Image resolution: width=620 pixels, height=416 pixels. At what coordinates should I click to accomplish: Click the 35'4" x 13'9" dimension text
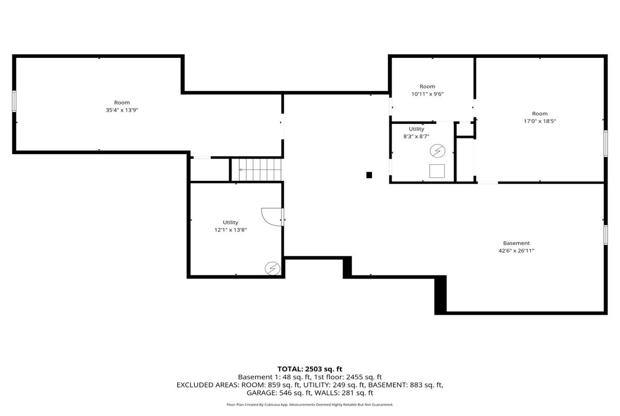(x=122, y=110)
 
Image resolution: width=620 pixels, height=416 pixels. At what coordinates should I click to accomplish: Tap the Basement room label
(x=516, y=243)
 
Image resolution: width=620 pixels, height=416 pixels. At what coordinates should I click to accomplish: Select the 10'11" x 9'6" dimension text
(x=427, y=94)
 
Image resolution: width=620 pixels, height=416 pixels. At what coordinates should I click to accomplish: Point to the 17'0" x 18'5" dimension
(x=540, y=121)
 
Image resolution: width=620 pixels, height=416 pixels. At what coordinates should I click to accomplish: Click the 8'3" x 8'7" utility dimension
(x=416, y=136)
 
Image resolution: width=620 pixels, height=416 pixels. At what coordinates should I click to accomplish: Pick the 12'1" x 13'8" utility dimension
(x=230, y=230)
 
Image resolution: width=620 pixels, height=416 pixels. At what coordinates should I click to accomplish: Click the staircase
(x=256, y=170)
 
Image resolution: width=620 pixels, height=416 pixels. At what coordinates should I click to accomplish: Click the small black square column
(x=369, y=175)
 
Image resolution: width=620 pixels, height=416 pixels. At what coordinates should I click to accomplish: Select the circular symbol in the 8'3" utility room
(x=437, y=151)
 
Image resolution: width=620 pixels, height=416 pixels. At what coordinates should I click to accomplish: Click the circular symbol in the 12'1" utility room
(x=272, y=269)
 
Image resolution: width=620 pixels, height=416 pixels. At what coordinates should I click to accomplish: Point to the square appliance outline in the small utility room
(x=437, y=171)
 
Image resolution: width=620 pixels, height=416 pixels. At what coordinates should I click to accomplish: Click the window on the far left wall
(x=14, y=101)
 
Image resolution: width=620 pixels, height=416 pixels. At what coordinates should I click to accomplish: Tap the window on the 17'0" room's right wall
(x=606, y=143)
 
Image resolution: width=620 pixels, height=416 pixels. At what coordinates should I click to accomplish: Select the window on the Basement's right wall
(x=606, y=235)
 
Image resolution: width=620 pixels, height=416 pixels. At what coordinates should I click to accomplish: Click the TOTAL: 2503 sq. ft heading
(x=309, y=369)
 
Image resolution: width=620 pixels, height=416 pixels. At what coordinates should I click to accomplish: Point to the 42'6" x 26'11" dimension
(x=516, y=251)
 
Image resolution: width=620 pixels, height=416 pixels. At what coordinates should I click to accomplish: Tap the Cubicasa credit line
(x=309, y=405)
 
